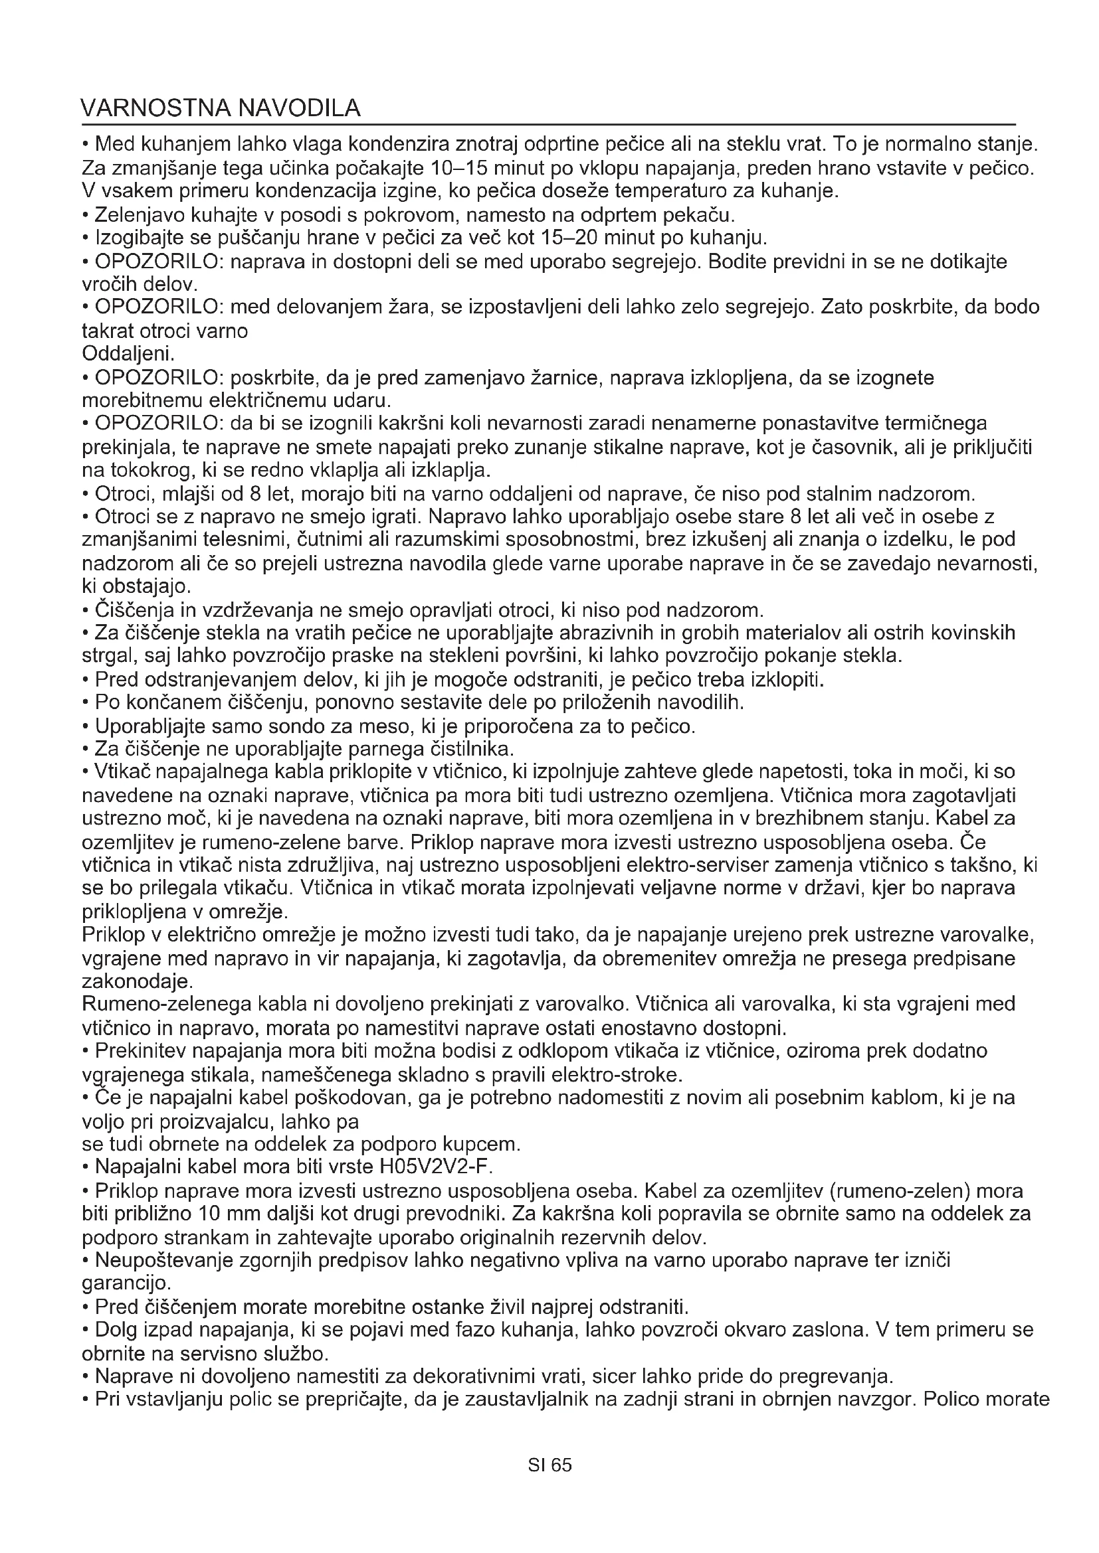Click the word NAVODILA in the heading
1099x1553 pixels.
click(300, 108)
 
